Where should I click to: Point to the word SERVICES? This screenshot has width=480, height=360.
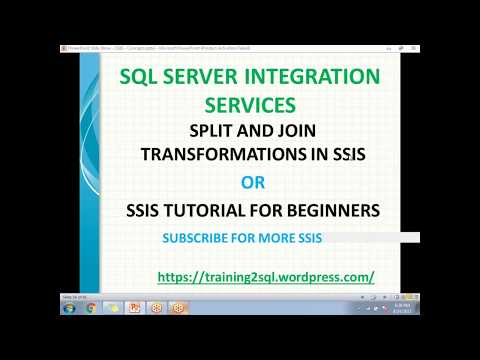[x=249, y=103]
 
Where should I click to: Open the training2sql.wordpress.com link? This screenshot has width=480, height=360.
[x=265, y=275]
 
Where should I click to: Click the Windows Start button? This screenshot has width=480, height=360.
[x=68, y=308]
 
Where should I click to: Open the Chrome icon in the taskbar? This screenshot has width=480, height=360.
[x=91, y=308]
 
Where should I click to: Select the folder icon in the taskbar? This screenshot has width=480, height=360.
[x=112, y=308]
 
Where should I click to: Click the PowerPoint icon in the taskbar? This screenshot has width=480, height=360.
[x=135, y=308]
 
